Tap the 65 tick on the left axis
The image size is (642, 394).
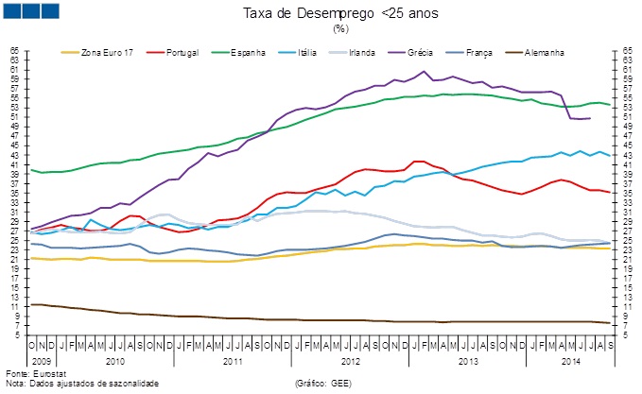click(14, 49)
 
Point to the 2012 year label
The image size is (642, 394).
click(351, 361)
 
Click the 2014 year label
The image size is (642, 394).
click(569, 361)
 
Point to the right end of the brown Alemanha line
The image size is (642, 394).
click(609, 323)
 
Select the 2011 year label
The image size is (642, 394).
click(233, 361)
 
